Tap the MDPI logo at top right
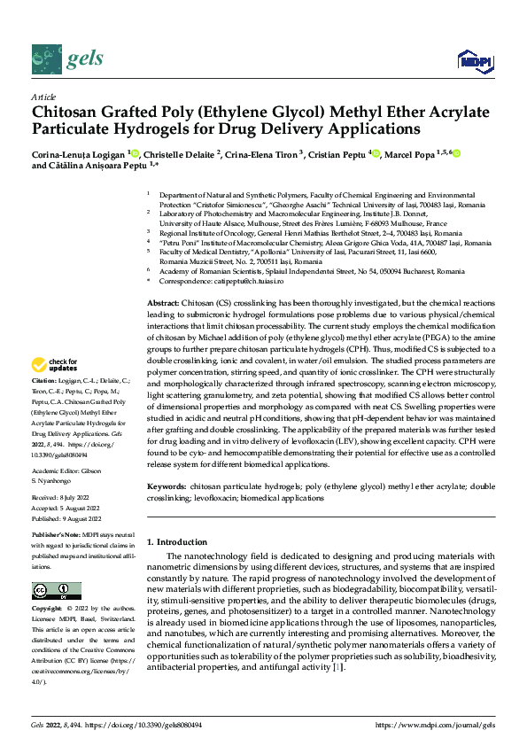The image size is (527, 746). click(x=474, y=59)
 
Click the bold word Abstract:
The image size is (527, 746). click(x=164, y=303)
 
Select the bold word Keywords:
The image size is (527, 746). click(x=167, y=487)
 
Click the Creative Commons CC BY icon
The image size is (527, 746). click(x=56, y=591)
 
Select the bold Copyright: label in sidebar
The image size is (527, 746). click(x=50, y=610)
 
